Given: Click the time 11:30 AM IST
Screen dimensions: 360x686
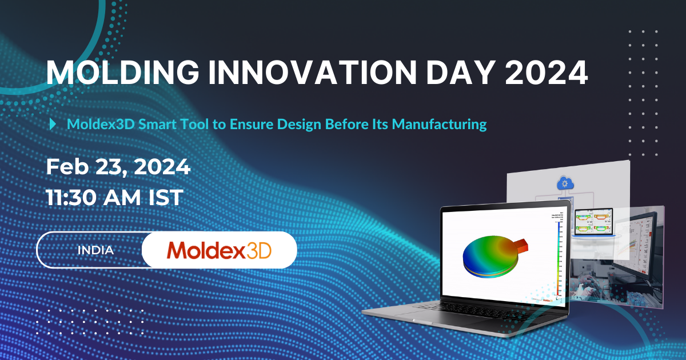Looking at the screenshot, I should pos(114,198).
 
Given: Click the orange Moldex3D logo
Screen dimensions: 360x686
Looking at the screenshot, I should pos(219,250).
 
